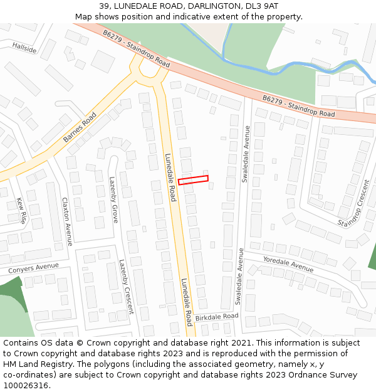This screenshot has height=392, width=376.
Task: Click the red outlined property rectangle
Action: pos(193,180)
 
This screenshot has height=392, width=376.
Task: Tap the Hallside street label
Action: pos(24,48)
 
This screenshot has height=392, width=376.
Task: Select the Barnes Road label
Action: pos(80,127)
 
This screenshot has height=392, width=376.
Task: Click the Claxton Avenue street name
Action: pos(67,221)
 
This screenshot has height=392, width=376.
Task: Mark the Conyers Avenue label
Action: pos(33,268)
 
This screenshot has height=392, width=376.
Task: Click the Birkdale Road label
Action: pos(217,317)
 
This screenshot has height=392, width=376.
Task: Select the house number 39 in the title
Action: pos(105,6)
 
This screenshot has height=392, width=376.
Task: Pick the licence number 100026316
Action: pos(27,386)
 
